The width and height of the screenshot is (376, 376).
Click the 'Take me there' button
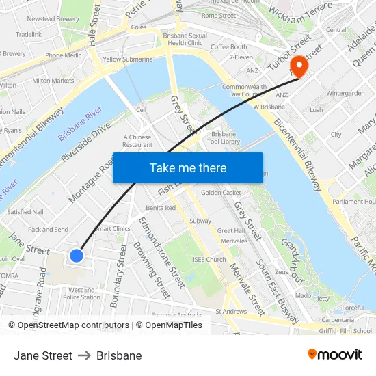188,168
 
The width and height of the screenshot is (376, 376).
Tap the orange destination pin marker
299,66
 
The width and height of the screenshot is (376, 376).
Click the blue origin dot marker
77,256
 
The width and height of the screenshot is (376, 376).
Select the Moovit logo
334,355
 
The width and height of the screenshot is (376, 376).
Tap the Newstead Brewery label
53,19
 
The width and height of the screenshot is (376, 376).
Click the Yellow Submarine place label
128,59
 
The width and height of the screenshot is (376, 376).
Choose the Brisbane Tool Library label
225,137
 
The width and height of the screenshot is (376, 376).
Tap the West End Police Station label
81,294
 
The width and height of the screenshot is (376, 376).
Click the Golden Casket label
221,193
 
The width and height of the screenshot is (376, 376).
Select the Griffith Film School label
345,330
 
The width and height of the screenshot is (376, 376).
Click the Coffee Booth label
228,47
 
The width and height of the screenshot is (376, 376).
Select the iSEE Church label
209,260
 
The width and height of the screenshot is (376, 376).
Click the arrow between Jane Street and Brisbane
85,355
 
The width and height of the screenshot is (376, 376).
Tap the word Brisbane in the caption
119,355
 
